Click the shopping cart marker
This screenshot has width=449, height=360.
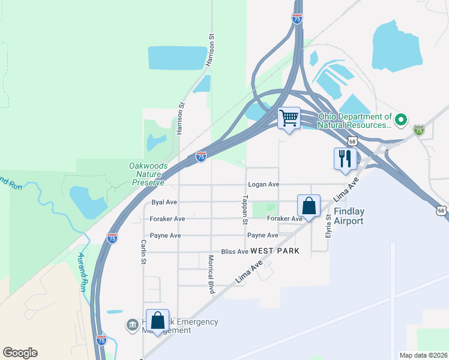coord(289,118)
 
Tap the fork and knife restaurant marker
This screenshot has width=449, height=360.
coord(345,159)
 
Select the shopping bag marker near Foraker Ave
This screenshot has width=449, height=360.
coord(309,206)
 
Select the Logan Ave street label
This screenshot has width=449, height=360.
coord(261,185)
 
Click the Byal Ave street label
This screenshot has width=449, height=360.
coord(164,202)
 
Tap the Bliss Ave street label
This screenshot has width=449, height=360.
coord(235,252)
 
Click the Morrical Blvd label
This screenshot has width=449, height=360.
coord(211,275)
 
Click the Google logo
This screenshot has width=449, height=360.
coord(20,353)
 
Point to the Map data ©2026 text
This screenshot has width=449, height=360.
coord(423,355)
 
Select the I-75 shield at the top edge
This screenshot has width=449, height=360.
coord(297,19)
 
